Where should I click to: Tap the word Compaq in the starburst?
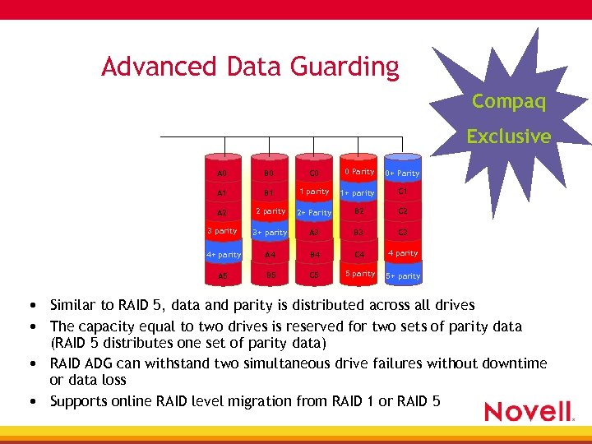point(509,102)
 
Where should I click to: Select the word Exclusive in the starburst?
point(509,136)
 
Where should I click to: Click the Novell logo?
point(529,411)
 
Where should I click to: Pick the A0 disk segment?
point(222,173)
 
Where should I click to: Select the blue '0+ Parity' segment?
point(402,173)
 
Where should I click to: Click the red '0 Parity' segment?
point(359,172)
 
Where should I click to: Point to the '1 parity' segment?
point(313,192)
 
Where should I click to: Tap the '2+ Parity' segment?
point(313,212)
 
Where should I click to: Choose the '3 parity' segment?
point(222,231)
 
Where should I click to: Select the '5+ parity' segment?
point(403,276)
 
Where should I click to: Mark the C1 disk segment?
point(403,192)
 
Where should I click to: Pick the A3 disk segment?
point(313,233)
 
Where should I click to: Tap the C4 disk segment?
point(359,255)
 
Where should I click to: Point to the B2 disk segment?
point(359,211)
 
